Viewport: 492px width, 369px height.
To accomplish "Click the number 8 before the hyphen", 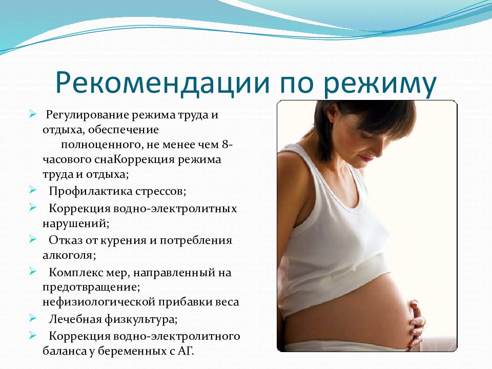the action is click(225, 145).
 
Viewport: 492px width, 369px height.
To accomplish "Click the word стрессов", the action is click(160, 192).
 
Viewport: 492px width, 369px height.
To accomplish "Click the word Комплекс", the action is click(76, 272).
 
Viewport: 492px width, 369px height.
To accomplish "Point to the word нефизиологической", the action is click(98, 302).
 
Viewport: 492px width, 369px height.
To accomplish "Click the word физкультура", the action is click(141, 320).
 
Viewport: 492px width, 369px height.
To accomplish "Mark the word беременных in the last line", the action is click(132, 351).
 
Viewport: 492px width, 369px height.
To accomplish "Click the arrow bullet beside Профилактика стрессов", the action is click(33, 190).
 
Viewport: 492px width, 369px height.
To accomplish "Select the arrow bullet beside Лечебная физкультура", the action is click(33, 318).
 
